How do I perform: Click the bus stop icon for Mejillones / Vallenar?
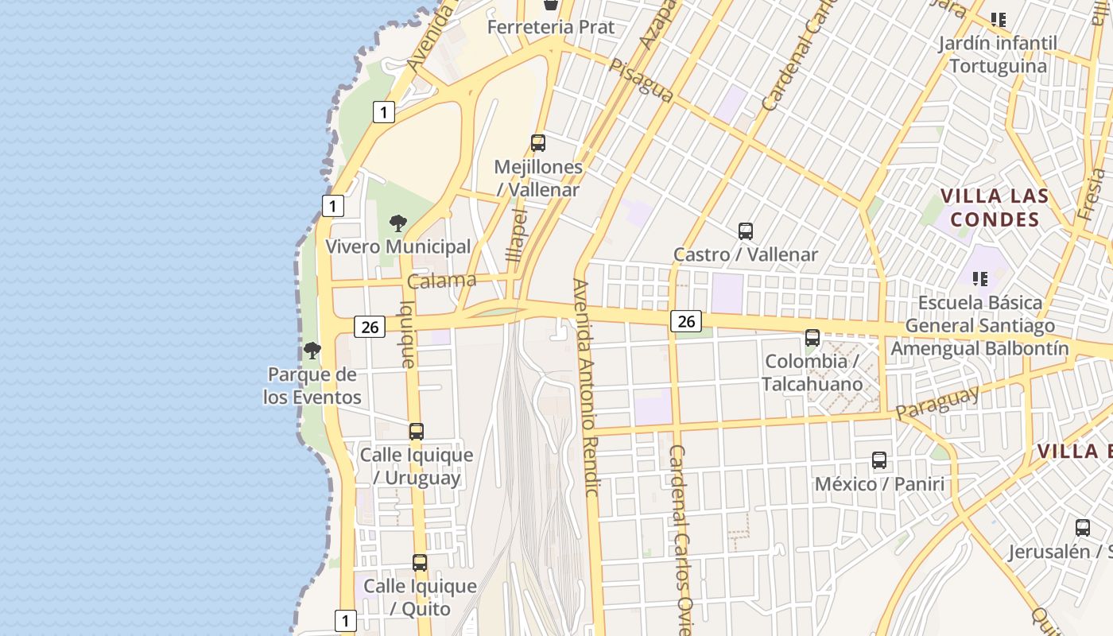pyautogui.click(x=538, y=143)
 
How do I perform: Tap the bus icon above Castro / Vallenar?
pyautogui.click(x=745, y=231)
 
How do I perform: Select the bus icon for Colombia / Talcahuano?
pyautogui.click(x=812, y=338)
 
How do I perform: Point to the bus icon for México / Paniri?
pyautogui.click(x=878, y=460)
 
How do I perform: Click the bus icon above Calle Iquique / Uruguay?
pyautogui.click(x=416, y=432)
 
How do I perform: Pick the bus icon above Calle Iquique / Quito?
pyautogui.click(x=420, y=563)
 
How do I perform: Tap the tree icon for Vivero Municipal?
pyautogui.click(x=398, y=223)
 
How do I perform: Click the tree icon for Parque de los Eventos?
pyautogui.click(x=312, y=351)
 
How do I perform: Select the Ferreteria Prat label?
pyautogui.click(x=551, y=27)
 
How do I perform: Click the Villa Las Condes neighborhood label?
pyautogui.click(x=995, y=207)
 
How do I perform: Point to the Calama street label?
pyautogui.click(x=441, y=281)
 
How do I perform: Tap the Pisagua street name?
pyautogui.click(x=641, y=79)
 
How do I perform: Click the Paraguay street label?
pyautogui.click(x=937, y=404)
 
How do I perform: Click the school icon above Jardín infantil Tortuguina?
pyautogui.click(x=998, y=19)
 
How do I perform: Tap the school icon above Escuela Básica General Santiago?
pyautogui.click(x=980, y=279)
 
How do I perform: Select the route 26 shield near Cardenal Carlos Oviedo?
pyautogui.click(x=685, y=321)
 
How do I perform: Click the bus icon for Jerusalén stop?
pyautogui.click(x=1082, y=528)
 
